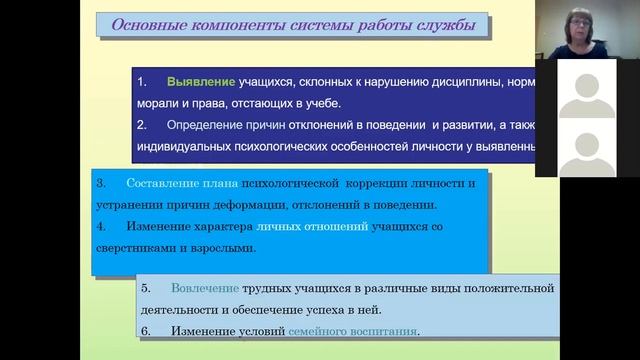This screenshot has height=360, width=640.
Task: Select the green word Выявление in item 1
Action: click(201, 80)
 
